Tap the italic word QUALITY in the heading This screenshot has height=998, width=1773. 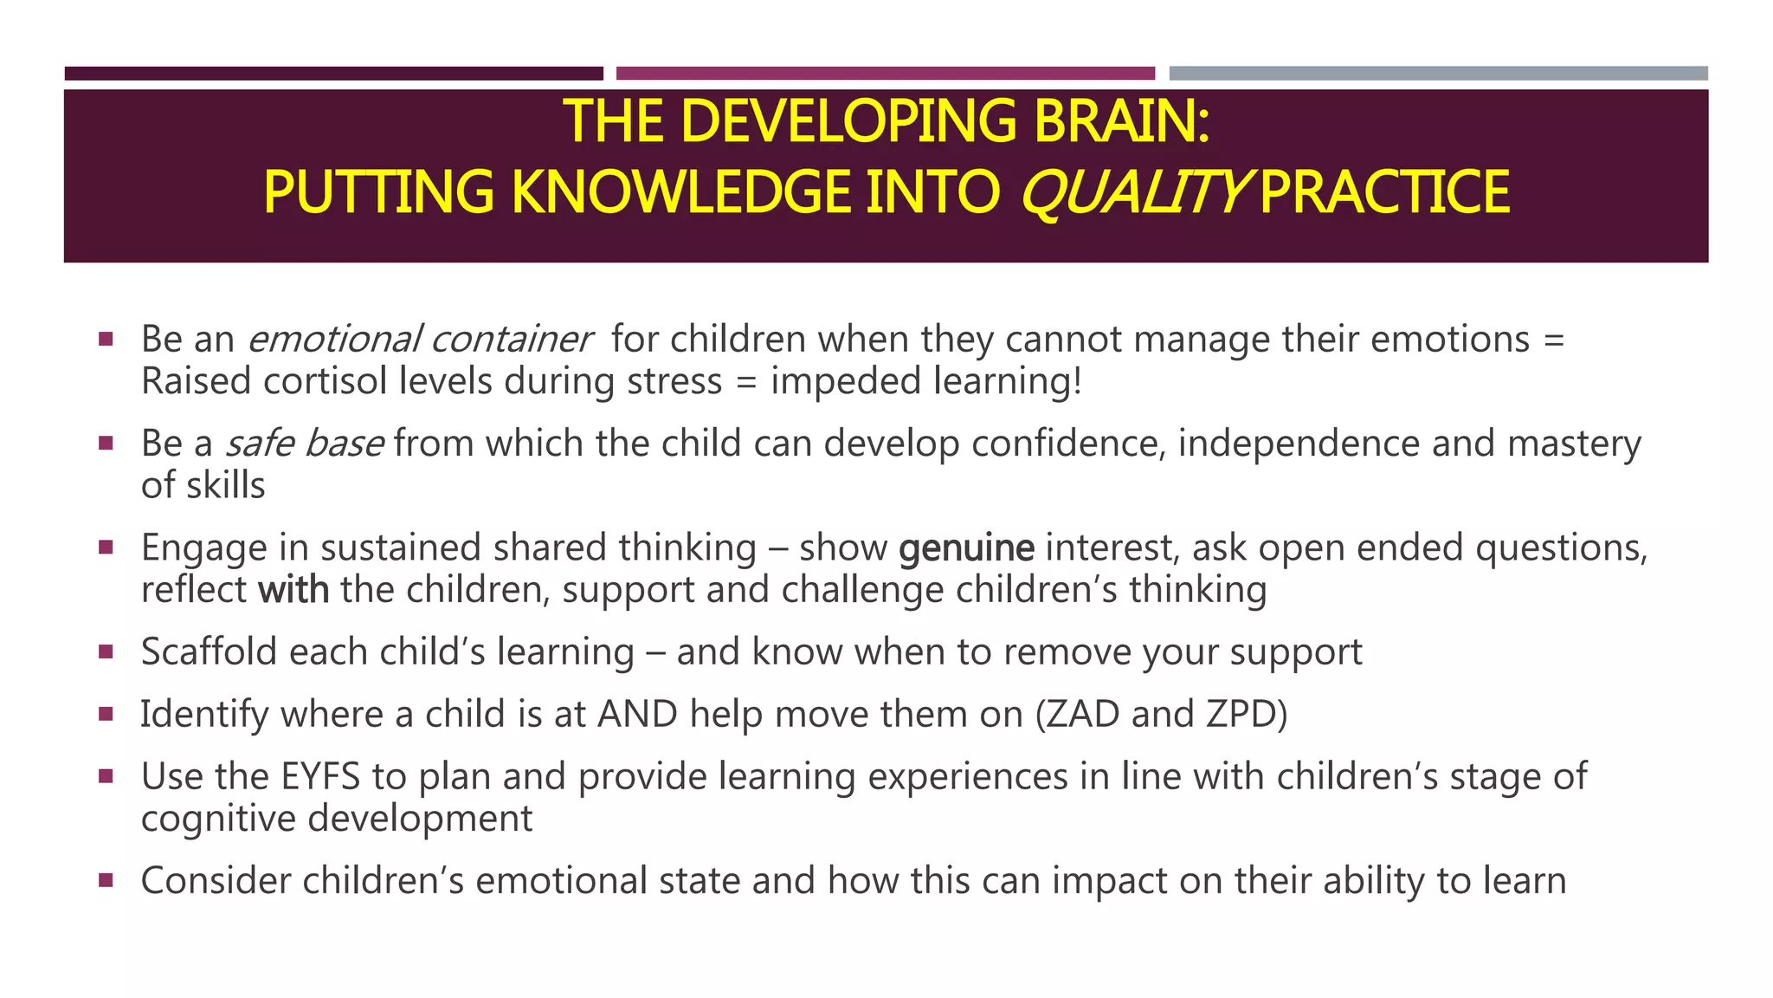[1135, 192]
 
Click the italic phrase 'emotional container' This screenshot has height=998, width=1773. [419, 339]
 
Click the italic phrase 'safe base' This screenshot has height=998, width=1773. [304, 444]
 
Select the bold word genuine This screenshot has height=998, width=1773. [966, 548]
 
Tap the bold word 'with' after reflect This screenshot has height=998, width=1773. [293, 590]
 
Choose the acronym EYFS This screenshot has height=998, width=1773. [320, 776]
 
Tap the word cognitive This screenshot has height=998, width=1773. [218, 819]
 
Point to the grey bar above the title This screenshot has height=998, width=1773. [1438, 74]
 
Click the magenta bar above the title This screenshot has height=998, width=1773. [885, 74]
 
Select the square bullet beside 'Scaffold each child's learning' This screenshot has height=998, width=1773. [106, 652]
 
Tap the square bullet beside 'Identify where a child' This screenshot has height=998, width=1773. [106, 715]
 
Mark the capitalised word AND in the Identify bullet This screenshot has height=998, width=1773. [637, 715]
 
